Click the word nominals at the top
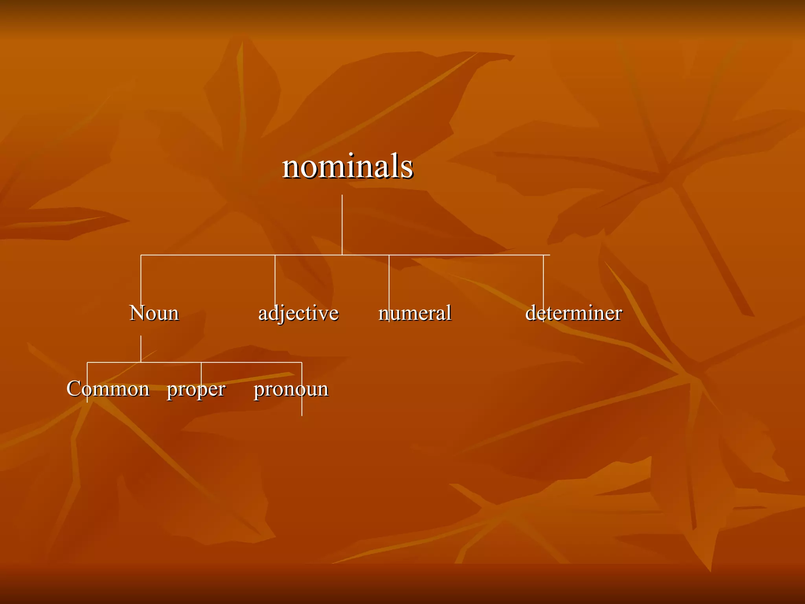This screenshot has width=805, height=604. tap(347, 166)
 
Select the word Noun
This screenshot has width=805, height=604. tap(154, 313)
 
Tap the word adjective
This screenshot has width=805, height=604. tap(298, 313)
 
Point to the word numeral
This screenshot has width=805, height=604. tap(415, 313)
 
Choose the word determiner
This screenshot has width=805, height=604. tap(573, 313)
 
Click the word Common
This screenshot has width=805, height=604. tap(108, 389)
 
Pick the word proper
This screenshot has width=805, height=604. tap(196, 390)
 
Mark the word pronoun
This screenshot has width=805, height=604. tap(291, 390)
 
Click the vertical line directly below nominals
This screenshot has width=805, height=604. tap(342, 224)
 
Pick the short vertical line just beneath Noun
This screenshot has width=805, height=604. tap(141, 348)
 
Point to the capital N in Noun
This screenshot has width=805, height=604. tap(138, 313)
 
